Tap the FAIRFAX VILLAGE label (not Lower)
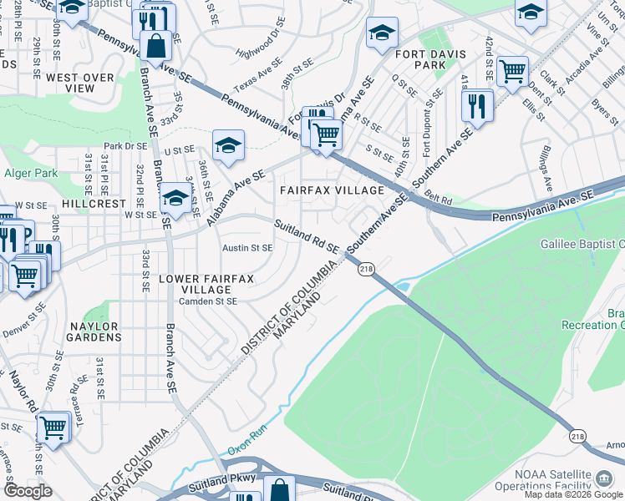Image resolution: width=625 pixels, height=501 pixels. (x=332, y=190)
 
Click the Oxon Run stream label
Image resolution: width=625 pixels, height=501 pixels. (x=246, y=448)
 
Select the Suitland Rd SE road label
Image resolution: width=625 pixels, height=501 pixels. (x=307, y=236)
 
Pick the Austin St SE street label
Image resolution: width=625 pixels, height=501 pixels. (x=247, y=248)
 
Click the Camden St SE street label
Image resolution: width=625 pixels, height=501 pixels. (x=209, y=301)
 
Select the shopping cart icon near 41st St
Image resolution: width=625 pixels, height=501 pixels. (x=512, y=70)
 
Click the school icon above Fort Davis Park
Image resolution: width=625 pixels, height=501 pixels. (x=382, y=33)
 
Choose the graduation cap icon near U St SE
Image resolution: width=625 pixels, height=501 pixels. (x=228, y=145)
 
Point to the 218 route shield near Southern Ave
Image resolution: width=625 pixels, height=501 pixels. (x=366, y=269)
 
